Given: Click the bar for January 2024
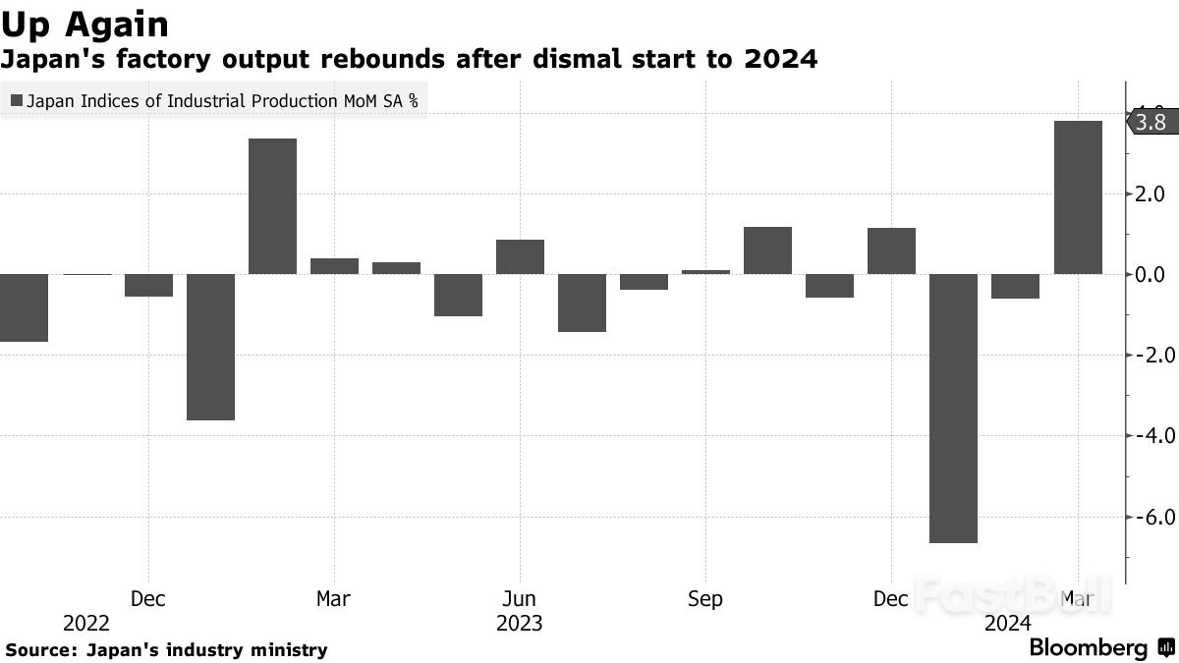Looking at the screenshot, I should tap(953, 408).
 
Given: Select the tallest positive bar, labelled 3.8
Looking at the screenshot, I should tap(1078, 197).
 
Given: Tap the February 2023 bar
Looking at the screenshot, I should tap(272, 206).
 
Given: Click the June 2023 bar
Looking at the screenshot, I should tap(520, 257).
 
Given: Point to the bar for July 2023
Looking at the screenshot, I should tap(582, 303).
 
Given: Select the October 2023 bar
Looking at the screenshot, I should tap(767, 250).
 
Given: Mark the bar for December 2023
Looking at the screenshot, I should tap(891, 251).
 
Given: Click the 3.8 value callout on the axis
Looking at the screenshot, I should tap(1149, 123).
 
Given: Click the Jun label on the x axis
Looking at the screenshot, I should tap(519, 599).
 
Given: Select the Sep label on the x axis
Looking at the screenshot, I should tap(705, 599).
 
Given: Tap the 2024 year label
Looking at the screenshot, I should tap(1007, 624).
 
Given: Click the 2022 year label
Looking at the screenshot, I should tap(86, 624).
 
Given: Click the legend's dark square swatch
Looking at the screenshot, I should tap(16, 100).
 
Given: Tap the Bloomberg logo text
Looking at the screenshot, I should tap(1088, 648).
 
